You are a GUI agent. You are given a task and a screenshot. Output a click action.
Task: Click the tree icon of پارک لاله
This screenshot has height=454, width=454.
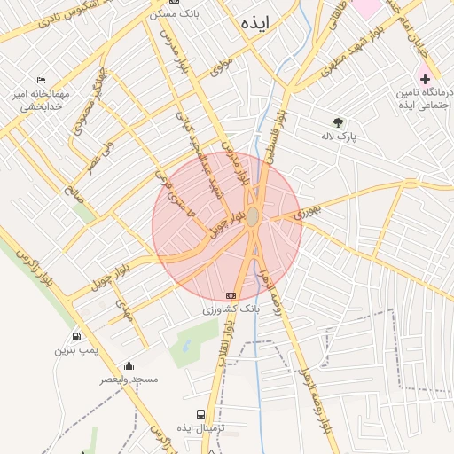tap(338, 122)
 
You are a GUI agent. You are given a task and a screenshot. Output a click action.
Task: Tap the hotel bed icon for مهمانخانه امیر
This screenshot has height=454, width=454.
tap(42, 81)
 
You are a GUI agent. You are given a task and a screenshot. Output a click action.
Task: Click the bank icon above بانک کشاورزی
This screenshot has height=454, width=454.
tap(231, 295)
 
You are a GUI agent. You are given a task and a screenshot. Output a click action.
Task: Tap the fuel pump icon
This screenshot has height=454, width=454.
tap(77, 337)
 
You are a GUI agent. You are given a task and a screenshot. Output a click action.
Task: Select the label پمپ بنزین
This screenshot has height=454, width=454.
tap(74, 351)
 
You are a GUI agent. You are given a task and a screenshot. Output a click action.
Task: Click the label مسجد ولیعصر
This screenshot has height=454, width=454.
tap(129, 380)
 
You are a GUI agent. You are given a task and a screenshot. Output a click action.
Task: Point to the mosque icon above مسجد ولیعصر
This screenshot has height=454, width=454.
tap(129, 365)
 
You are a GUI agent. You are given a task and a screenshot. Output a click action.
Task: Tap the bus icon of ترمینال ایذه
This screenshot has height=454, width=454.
tap(201, 414)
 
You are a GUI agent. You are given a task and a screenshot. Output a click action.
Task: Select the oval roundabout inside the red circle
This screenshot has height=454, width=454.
tap(253, 216)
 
